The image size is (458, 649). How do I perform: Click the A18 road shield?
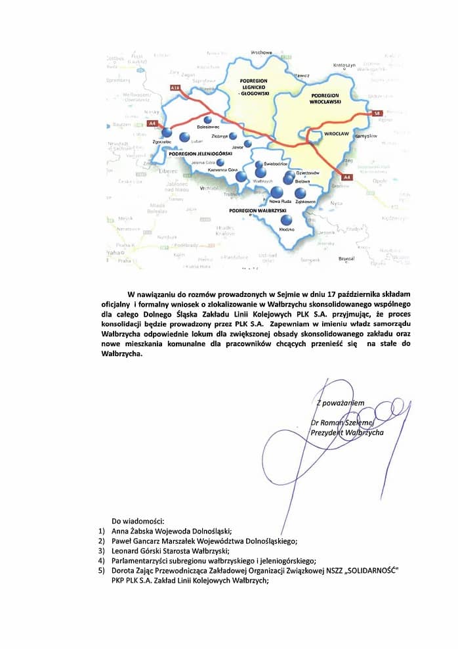175,87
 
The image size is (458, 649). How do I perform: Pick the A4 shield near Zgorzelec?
152,123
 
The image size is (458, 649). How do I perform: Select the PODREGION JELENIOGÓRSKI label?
197,153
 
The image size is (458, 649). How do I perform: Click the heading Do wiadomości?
138,520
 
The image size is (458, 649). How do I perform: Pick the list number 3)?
102,551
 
